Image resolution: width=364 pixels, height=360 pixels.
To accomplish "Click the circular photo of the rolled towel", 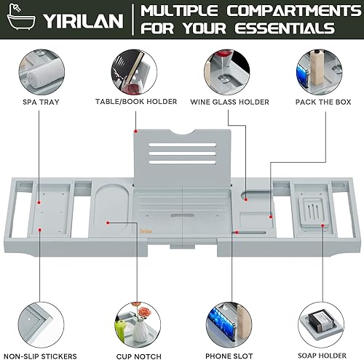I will [x=41, y=71].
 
